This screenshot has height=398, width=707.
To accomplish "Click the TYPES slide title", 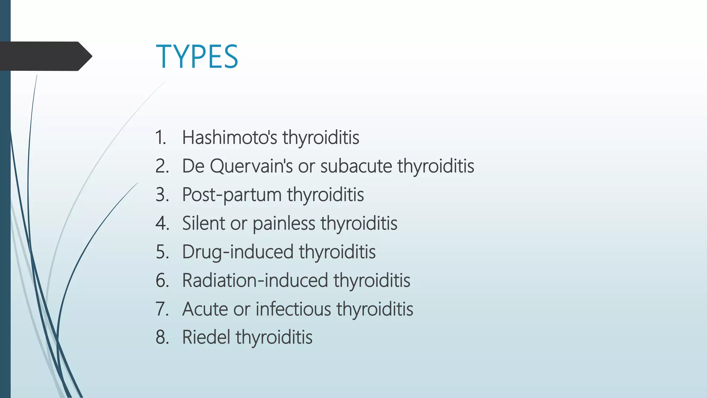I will click(x=197, y=57).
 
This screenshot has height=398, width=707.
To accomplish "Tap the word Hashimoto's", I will click(x=230, y=137).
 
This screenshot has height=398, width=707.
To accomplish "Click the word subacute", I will click(x=356, y=166).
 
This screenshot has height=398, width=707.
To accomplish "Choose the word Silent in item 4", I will click(x=203, y=223).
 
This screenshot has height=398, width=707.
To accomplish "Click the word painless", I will click(x=284, y=224).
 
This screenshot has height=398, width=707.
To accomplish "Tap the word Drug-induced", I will click(x=238, y=252).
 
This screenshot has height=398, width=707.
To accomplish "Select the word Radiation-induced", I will click(x=255, y=280).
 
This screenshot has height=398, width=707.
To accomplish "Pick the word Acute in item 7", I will click(x=205, y=309).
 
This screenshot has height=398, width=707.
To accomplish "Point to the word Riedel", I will click(x=206, y=337).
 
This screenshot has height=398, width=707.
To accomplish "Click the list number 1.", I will click(x=161, y=137).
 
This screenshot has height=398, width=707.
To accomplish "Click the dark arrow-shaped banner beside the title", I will click(x=45, y=56).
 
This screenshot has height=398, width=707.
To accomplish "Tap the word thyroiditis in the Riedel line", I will click(x=274, y=337).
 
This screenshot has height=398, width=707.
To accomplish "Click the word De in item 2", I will click(x=193, y=166).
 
